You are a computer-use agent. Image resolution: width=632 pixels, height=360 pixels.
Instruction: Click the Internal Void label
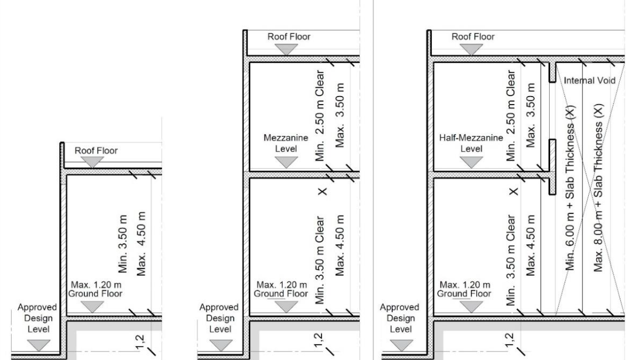[x=589, y=81]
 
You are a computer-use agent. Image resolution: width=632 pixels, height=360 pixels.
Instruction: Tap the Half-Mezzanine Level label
[x=471, y=143]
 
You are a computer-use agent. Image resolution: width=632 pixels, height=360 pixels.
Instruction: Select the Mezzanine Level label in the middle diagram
[x=286, y=143]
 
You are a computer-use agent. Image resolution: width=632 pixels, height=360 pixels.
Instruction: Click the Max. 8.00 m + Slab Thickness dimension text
[x=598, y=188]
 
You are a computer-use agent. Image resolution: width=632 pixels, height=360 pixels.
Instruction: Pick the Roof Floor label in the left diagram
[x=96, y=151]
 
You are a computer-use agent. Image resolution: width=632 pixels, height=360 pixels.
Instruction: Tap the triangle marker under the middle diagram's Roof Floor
[x=287, y=50]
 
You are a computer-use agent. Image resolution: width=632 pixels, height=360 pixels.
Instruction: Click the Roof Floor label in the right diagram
[x=473, y=36]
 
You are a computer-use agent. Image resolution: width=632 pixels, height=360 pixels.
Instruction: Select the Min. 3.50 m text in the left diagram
[x=123, y=244]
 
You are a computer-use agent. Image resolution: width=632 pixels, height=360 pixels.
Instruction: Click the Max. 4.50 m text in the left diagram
[x=141, y=244]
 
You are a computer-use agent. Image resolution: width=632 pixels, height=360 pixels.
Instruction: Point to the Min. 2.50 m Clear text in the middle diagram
[x=320, y=116]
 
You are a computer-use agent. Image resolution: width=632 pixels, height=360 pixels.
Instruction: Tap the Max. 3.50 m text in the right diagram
[x=531, y=115]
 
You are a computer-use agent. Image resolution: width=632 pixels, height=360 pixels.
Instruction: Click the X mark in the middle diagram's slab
[x=323, y=191]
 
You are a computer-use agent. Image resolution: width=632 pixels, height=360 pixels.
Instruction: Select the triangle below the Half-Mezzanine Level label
[x=471, y=163]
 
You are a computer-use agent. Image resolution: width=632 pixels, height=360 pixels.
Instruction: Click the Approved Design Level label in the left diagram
[x=37, y=318]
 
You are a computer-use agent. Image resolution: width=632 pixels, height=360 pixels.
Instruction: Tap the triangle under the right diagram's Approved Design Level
[x=401, y=346]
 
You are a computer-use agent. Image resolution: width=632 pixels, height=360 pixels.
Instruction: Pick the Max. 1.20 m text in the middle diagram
[x=281, y=285]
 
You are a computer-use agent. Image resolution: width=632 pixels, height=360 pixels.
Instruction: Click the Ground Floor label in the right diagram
[x=464, y=294]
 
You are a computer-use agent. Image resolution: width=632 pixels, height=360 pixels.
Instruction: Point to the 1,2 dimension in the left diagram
[x=140, y=342]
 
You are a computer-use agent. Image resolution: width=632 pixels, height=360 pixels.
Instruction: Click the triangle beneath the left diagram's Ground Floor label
[x=92, y=307]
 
